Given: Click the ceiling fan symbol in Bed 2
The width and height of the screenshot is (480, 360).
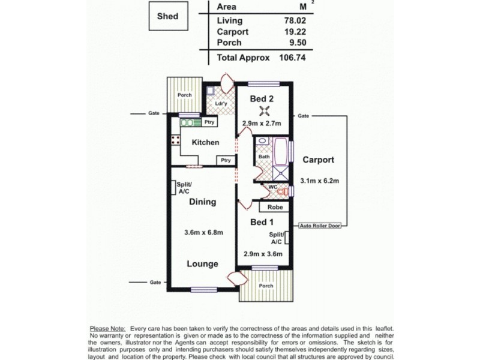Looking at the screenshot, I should [x=263, y=110].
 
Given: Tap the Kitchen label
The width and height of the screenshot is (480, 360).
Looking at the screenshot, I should [x=205, y=142].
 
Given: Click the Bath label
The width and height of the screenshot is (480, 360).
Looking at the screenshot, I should [x=264, y=158].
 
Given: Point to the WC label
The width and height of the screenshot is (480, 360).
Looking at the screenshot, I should [x=272, y=187].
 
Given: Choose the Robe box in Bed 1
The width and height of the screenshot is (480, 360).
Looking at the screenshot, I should [x=274, y=206].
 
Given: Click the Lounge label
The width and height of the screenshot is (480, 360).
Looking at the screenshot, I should [x=202, y=264].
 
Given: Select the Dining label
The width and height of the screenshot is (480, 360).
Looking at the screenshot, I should [x=202, y=202].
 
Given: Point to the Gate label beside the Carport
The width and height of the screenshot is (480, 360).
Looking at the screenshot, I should [x=304, y=115].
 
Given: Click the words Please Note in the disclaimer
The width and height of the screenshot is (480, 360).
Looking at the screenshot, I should [x=107, y=328].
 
